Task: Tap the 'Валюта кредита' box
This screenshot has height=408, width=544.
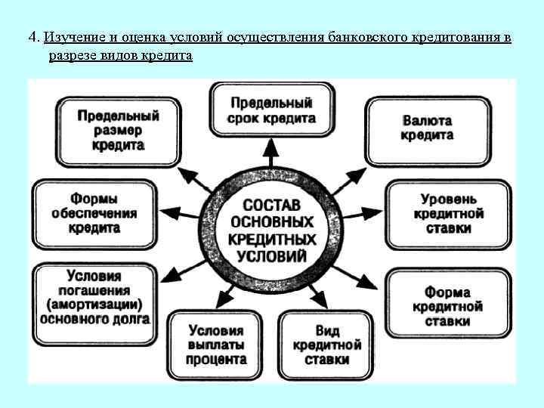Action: [427, 128]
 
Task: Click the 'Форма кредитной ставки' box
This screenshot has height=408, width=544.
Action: [447, 306]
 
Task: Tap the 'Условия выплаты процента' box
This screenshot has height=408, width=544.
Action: [216, 345]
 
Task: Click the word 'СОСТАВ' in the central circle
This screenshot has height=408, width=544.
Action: [271, 206]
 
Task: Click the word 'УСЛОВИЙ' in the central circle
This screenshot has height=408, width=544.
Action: [271, 255]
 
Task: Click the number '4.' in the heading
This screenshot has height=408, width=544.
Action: [34, 37]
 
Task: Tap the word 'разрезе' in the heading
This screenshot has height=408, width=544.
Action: [73, 57]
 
